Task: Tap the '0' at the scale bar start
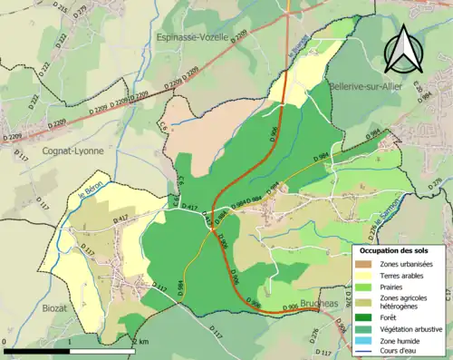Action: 7,341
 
